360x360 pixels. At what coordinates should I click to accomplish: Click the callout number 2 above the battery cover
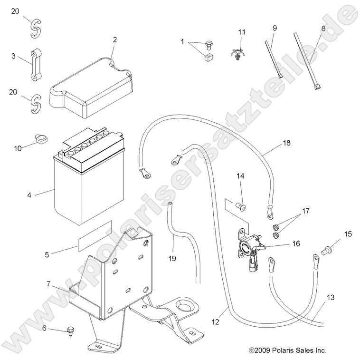coord(114,40)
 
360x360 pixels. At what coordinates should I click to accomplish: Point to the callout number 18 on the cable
coord(286,143)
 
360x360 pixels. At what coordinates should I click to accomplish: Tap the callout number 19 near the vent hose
coord(173,259)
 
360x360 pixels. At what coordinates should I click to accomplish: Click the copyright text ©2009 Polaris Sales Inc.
coord(288,350)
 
